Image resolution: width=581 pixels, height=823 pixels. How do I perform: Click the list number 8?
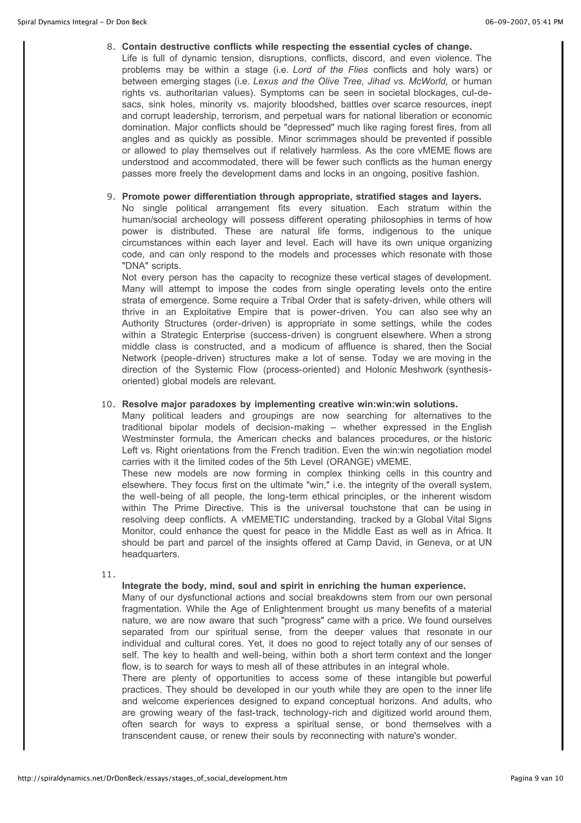[111, 47]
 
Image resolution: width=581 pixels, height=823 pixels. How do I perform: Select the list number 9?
[111, 197]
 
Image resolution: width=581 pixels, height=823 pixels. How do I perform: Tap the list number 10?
[109, 404]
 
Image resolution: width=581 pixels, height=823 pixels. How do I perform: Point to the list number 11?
[109, 575]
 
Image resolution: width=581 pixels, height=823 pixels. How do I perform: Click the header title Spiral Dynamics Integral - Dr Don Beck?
[82, 22]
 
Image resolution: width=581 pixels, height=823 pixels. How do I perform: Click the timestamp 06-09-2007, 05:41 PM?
[524, 22]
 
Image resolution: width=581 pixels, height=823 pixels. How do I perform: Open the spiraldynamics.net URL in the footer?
[152, 778]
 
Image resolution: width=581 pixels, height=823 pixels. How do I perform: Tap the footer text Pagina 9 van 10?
[537, 778]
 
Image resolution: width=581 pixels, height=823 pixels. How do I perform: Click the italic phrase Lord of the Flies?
[330, 70]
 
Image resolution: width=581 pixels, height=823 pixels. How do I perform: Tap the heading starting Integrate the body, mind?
[294, 586]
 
